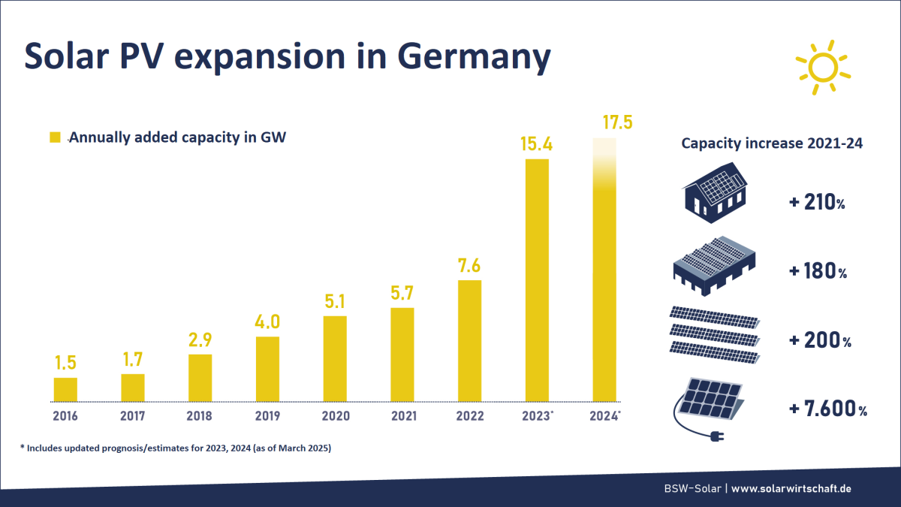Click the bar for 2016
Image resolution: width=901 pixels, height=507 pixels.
(65, 389)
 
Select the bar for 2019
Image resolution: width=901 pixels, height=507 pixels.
(268, 369)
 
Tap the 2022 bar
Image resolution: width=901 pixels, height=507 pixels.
(469, 341)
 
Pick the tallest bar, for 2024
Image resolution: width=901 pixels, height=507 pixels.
(604, 270)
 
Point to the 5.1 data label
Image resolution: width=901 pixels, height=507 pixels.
(335, 301)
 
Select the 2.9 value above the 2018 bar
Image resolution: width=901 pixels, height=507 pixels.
(200, 340)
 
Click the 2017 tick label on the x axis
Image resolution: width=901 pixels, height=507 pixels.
(133, 415)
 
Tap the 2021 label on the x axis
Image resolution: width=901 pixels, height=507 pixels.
(402, 415)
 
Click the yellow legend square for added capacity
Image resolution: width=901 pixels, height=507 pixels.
(54, 137)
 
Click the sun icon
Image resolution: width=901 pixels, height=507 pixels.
(822, 68)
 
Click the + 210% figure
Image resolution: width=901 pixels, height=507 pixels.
(818, 203)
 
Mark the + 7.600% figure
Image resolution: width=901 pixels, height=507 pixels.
(828, 409)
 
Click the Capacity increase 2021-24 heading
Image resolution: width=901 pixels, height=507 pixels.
(771, 143)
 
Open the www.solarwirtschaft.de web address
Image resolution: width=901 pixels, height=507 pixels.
(791, 488)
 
